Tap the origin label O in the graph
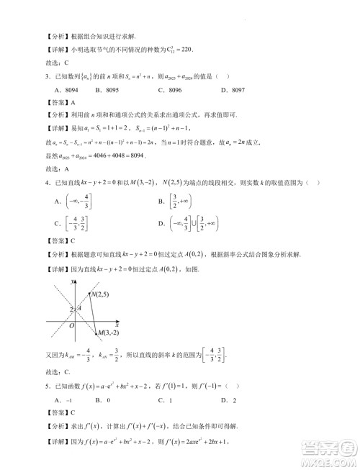click(x=72, y=325)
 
